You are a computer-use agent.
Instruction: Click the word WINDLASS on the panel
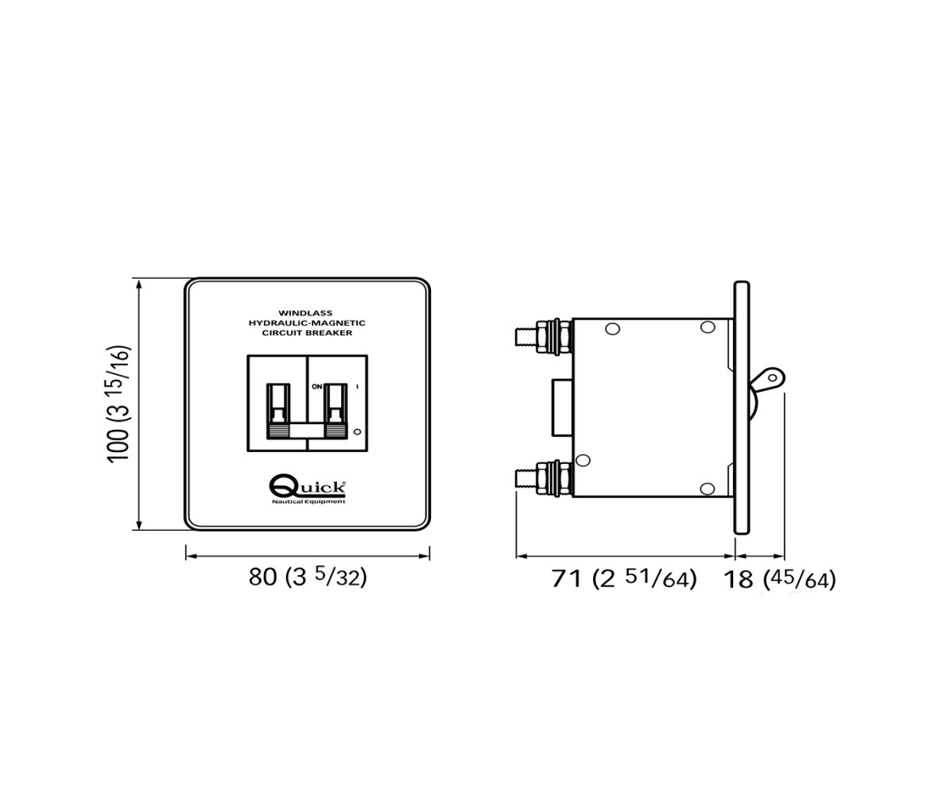pyautogui.click(x=305, y=313)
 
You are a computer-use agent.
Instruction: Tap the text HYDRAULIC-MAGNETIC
pyautogui.click(x=307, y=323)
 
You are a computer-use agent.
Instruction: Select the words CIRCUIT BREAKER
pyautogui.click(x=307, y=333)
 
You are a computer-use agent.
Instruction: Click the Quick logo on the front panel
pyautogui.click(x=307, y=485)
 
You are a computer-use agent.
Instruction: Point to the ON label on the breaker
pyautogui.click(x=316, y=387)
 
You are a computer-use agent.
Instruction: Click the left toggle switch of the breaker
pyautogui.click(x=278, y=412)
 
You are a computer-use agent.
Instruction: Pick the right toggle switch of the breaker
pyautogui.click(x=336, y=412)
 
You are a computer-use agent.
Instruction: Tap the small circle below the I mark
pyautogui.click(x=357, y=431)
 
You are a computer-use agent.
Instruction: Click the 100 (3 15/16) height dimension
pyautogui.click(x=118, y=403)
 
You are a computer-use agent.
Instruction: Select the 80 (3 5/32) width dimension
pyautogui.click(x=308, y=577)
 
